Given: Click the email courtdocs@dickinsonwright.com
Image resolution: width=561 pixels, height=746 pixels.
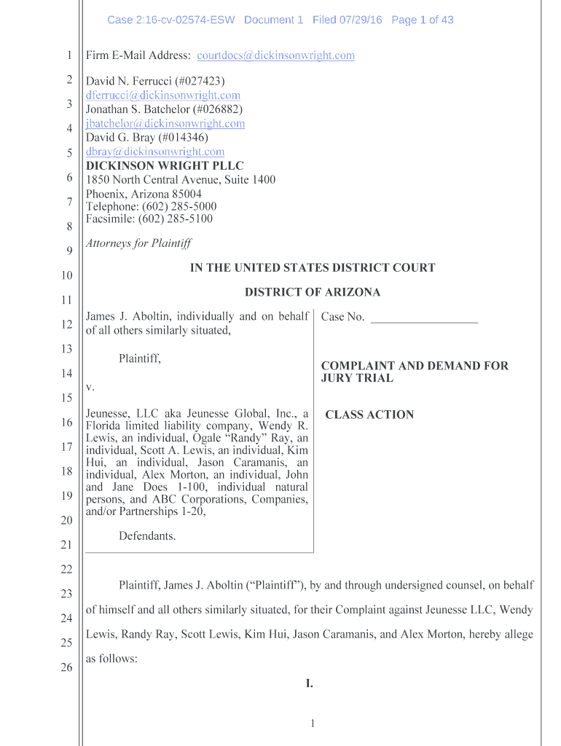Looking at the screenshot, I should pos(276,55).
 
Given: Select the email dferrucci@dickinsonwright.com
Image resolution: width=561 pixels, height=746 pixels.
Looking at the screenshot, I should pos(163,95).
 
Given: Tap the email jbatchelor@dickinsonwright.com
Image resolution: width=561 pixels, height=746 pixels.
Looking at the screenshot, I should pos(165,123).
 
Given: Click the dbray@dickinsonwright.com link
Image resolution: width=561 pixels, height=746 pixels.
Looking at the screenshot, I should pos(155,152).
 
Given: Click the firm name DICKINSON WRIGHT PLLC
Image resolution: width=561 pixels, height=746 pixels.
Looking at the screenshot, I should pos(165,165).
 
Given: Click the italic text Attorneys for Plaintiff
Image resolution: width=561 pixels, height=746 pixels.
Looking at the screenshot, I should pos(138,243).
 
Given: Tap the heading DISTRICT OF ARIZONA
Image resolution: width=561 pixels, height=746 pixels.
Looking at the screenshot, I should pos(313,292).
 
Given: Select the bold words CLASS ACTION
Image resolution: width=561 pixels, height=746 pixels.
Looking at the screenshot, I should pos(369,415).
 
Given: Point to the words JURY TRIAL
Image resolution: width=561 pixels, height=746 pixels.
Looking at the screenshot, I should pos(357,378).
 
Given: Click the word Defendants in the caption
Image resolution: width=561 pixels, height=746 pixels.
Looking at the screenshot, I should pos(147,536).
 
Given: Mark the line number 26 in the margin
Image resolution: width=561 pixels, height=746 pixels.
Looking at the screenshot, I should pos(66,667).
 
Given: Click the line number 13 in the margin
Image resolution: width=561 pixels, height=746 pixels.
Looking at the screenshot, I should pos(66,349).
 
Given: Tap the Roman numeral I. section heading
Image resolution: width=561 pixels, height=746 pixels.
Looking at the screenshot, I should pos(310,683).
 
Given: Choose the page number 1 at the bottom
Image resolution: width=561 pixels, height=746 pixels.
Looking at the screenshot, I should pos(312,723).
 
